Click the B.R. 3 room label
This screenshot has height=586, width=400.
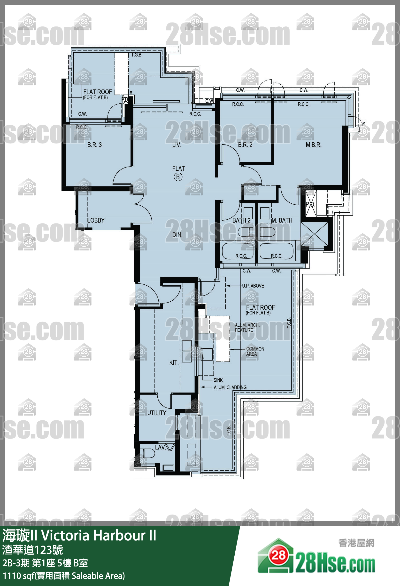tap(94, 145)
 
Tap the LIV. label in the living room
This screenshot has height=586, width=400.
tap(177, 145)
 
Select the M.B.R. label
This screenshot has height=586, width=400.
tap(313, 145)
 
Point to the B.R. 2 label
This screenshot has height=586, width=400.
tap(245, 145)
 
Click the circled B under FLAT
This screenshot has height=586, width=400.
tap(178, 177)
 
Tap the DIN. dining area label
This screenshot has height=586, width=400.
tap(177, 234)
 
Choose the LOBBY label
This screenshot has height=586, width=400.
tap(96, 220)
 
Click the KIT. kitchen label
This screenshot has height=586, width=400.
tap(174, 362)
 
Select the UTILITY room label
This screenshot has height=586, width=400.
tap(157, 413)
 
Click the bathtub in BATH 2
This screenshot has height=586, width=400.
tap(238, 251)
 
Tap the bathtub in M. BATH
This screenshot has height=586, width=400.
tap(277, 251)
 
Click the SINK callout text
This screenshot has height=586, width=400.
tap(218, 380)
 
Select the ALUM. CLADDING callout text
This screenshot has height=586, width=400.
tap(230, 387)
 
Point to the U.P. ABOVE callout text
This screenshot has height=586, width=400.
tap(253, 286)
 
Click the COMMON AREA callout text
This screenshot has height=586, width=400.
tap(255, 351)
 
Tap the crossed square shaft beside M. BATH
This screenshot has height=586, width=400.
tap(315, 234)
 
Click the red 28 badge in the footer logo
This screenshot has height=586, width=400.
tap(278, 554)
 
